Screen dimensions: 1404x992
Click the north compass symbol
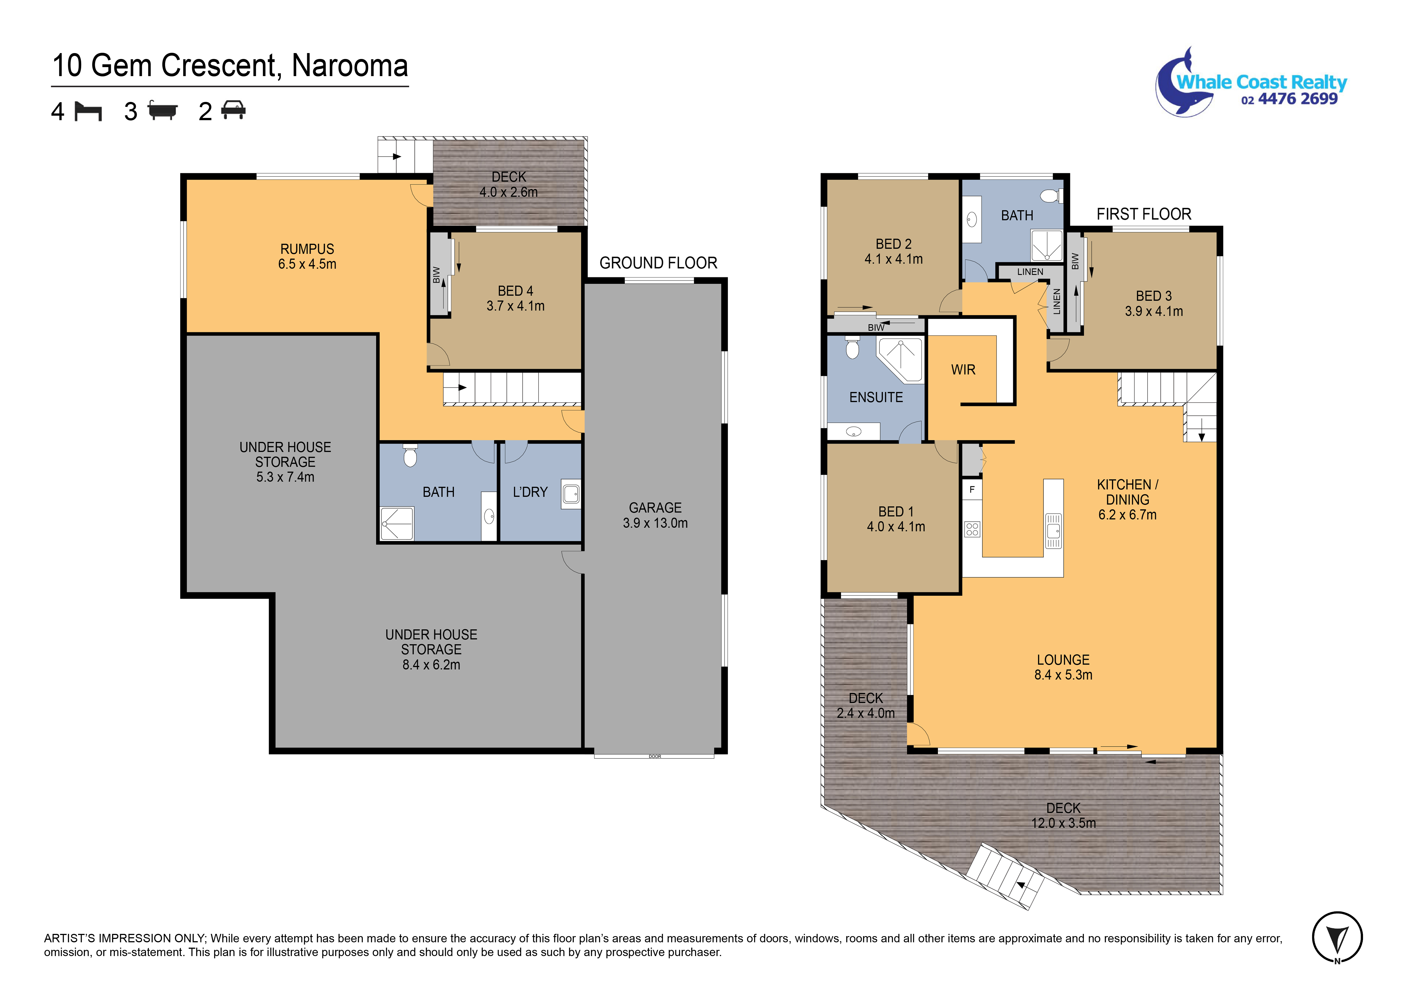1337,937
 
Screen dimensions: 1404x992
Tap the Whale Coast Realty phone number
1289,99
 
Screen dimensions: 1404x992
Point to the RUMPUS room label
307,249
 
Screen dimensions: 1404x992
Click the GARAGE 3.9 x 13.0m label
655,515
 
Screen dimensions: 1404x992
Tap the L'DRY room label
530,492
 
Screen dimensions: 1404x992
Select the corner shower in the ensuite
900,359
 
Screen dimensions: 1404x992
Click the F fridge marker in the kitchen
972,489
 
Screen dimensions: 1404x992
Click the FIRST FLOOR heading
1143,214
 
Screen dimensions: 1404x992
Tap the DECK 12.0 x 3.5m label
1063,815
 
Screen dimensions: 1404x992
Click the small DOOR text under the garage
655,756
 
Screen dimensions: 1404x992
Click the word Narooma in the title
350,65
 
